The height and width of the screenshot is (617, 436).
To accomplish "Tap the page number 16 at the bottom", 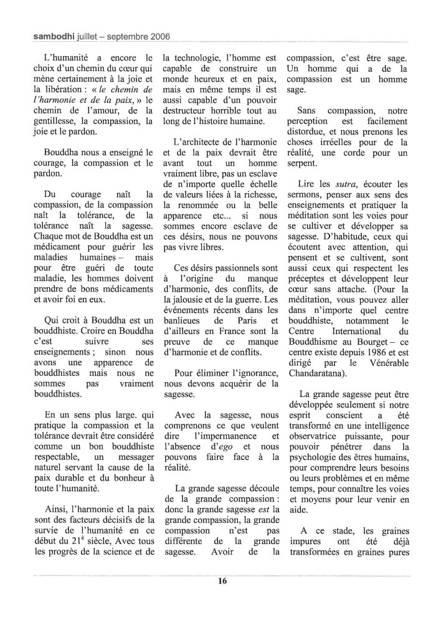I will point(222,581).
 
